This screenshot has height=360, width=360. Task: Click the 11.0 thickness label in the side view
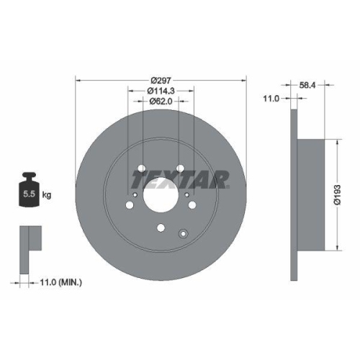click(271, 100)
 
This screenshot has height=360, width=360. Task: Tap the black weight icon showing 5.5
click(30, 191)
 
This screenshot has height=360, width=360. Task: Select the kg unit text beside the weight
click(47, 194)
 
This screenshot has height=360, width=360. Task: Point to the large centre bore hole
click(160, 195)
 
